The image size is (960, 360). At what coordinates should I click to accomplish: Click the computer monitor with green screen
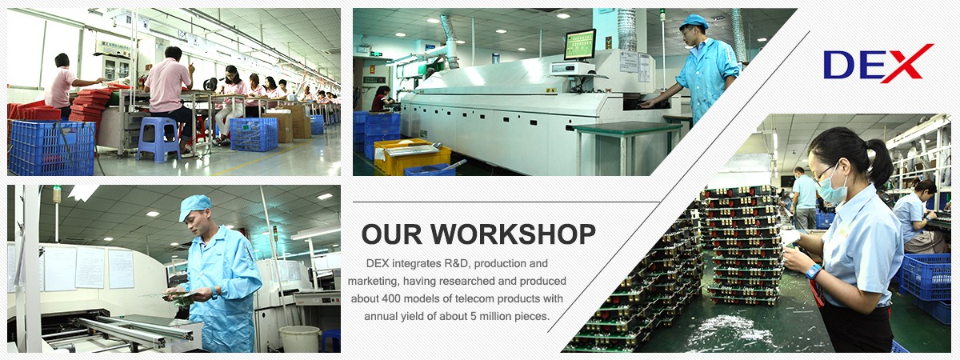pos(580,45)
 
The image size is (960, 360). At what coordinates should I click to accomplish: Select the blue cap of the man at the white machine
pos(693,21)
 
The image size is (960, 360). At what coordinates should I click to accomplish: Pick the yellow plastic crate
pos(412,157)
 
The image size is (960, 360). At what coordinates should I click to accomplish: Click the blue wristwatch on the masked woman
pos(813,272)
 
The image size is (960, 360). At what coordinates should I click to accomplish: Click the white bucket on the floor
pos(300,339)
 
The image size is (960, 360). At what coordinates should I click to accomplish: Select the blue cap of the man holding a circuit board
pos(194,206)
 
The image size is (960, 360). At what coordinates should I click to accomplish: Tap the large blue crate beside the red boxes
pos(51,148)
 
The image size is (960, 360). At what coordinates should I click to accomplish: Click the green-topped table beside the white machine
pos(627,127)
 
